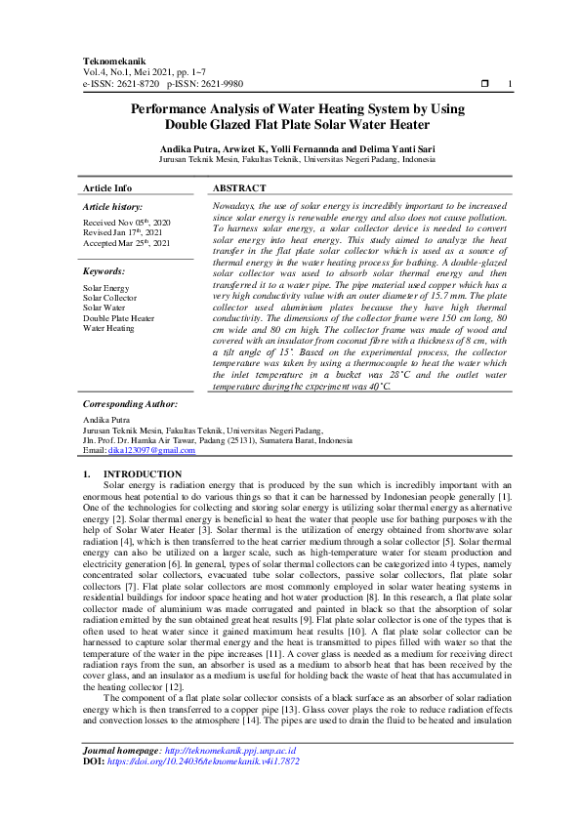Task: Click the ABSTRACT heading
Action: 238,187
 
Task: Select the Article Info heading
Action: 107,187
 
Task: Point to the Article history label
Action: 112,207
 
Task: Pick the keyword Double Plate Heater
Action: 118,318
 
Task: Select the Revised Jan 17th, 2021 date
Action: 122,232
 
